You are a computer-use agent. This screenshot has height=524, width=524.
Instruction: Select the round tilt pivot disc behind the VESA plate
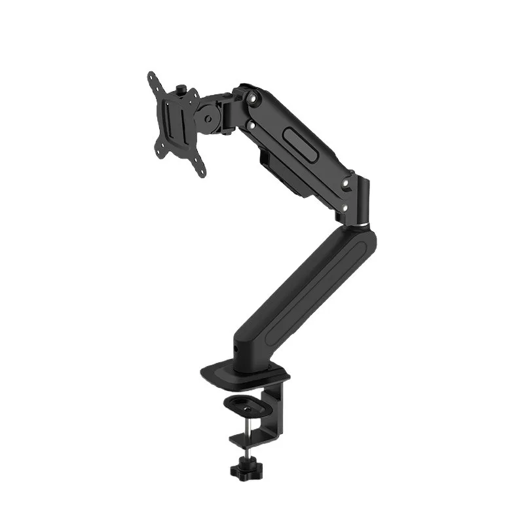point(209,119)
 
